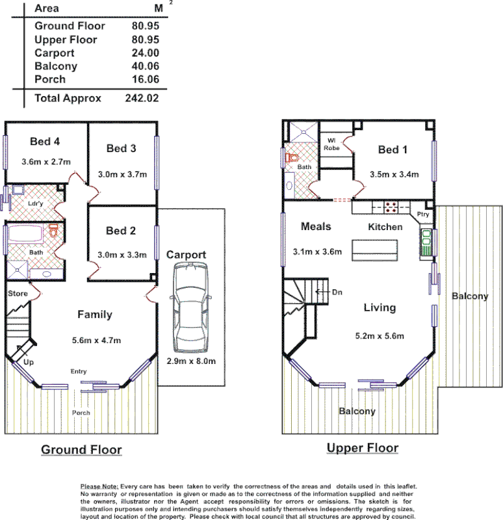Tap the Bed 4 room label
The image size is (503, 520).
pos(46,141)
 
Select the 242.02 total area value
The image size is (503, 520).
pos(142,99)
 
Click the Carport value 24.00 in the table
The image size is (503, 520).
pos(144,53)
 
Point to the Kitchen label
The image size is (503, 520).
pos(385,227)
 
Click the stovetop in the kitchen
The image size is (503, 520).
pos(392,208)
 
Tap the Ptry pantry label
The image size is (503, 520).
pos(423,214)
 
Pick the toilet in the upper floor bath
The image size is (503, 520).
pos(292,157)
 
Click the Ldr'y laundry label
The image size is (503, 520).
pos(36,203)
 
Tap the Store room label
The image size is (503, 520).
pos(18,294)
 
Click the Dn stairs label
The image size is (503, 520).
pos(337,292)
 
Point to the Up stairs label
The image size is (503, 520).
pos(29,361)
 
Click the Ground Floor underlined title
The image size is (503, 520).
pos(81,449)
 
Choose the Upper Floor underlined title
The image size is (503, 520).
pos(363,448)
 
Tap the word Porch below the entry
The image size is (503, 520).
pos(81,413)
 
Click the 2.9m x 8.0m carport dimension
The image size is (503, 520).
pos(191,361)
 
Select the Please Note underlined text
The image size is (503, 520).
pos(99,486)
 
